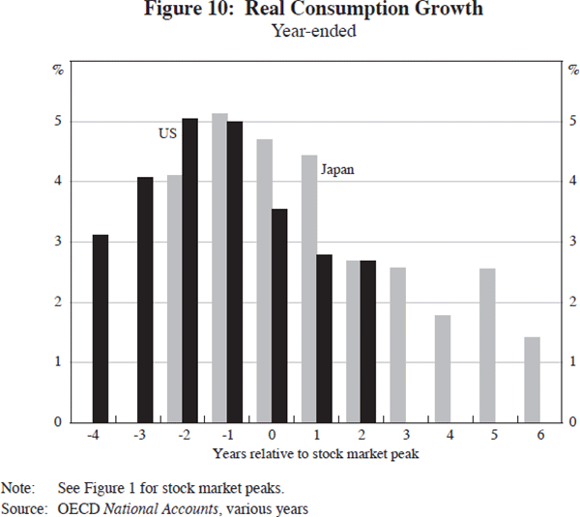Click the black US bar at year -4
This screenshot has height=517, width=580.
100,329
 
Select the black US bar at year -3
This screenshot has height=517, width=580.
145,300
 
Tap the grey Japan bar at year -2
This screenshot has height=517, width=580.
175,299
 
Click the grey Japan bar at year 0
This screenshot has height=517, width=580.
264,280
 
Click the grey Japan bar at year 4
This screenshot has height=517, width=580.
443,368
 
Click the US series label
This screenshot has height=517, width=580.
167,134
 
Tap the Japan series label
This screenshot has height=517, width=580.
336,169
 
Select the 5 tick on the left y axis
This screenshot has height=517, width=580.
57,122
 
